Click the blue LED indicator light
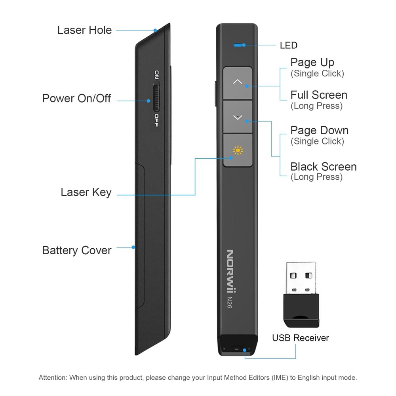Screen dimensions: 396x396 click(x=238, y=45)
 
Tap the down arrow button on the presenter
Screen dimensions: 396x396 click(x=238, y=117)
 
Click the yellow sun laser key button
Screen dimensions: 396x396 click(x=238, y=150)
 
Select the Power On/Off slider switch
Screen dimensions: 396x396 click(x=156, y=97)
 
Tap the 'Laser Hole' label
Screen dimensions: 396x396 click(x=84, y=30)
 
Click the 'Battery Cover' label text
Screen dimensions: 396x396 click(x=77, y=250)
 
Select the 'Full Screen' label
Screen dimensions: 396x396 click(x=319, y=95)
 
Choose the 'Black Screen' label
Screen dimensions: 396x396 click(x=324, y=167)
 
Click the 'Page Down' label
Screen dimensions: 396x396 click(x=320, y=131)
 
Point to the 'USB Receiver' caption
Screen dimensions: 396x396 click(x=301, y=338)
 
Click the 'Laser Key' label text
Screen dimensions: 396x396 click(x=86, y=192)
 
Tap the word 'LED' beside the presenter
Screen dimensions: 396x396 click(x=289, y=46)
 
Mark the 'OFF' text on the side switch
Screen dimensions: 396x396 click(x=157, y=120)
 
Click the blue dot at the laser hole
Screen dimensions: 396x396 click(x=156, y=30)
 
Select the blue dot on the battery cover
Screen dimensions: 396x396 click(x=133, y=247)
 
